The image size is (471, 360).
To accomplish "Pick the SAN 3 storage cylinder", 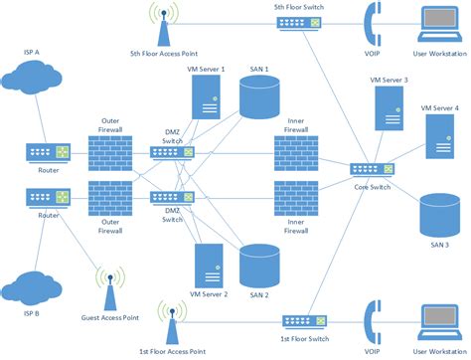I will tap(439, 213).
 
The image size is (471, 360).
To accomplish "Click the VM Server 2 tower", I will tap(208, 267).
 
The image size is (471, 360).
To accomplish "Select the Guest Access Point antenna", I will tap(107, 287).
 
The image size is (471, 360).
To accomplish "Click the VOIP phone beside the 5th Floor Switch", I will tap(373, 24).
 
